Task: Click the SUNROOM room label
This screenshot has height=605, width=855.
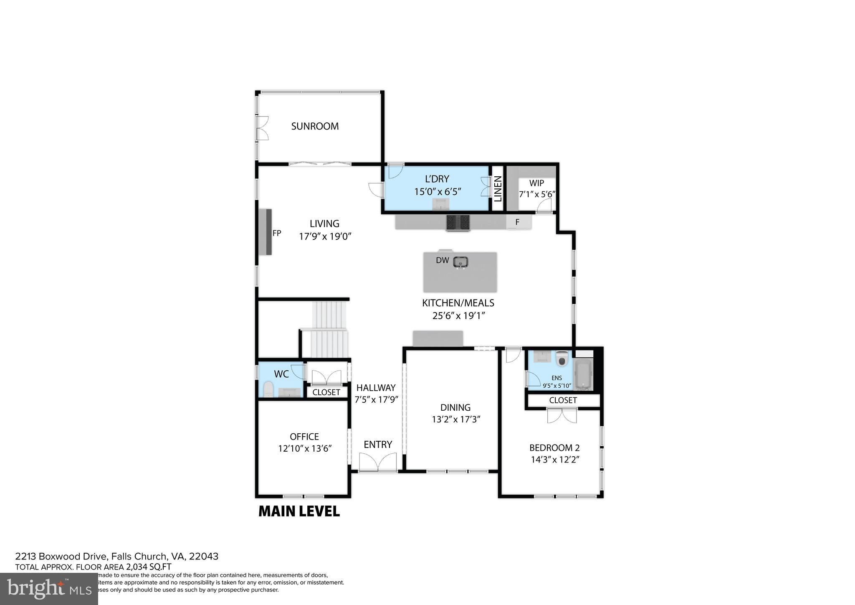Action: pyautogui.click(x=315, y=126)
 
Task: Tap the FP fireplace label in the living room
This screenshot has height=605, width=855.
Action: pyautogui.click(x=277, y=233)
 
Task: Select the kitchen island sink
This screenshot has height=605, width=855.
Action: pyautogui.click(x=461, y=262)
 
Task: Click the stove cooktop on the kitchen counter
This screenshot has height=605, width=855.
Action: pyautogui.click(x=458, y=222)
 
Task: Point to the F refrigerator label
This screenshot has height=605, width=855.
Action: pyautogui.click(x=517, y=222)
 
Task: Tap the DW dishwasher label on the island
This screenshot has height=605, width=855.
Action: pyautogui.click(x=442, y=260)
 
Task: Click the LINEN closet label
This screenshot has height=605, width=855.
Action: pyautogui.click(x=498, y=189)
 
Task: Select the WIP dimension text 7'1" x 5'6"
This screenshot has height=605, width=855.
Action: pyautogui.click(x=536, y=194)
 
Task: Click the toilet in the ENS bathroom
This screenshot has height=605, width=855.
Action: pyautogui.click(x=562, y=359)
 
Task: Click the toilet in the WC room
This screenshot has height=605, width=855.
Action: pyautogui.click(x=268, y=389)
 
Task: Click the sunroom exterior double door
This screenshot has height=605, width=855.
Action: pyautogui.click(x=262, y=128)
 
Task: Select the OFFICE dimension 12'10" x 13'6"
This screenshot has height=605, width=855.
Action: pyautogui.click(x=305, y=449)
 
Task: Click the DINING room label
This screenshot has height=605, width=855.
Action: pyautogui.click(x=455, y=407)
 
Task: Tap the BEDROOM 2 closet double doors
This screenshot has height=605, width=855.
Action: pyautogui.click(x=562, y=416)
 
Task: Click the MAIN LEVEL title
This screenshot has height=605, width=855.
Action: pyautogui.click(x=299, y=511)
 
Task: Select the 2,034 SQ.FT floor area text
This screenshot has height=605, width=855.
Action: pyautogui.click(x=149, y=567)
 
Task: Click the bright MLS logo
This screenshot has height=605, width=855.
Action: pyautogui.click(x=49, y=589)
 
